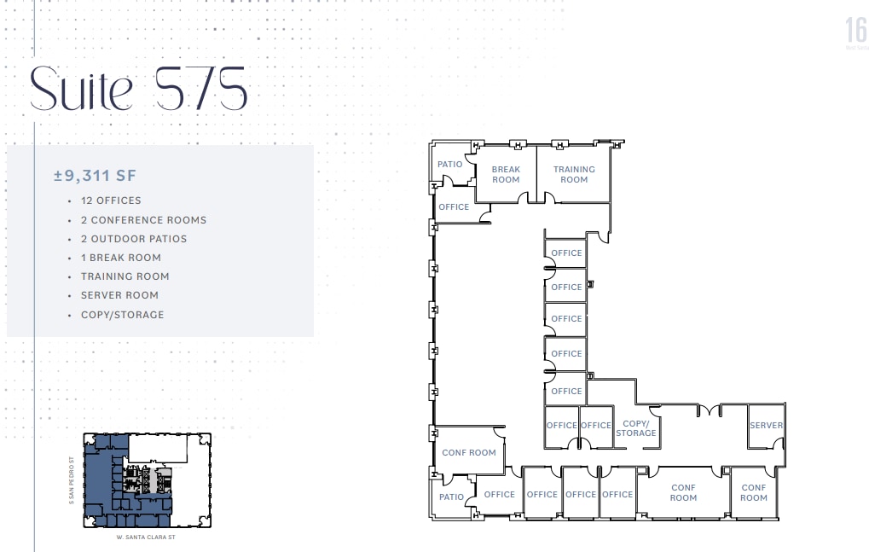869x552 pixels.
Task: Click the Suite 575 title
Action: pyautogui.click(x=138, y=88)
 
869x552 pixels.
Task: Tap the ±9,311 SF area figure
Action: pyautogui.click(x=95, y=176)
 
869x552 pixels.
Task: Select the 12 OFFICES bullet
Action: pyautogui.click(x=111, y=200)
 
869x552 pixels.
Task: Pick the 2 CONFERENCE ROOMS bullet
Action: pyautogui.click(x=143, y=220)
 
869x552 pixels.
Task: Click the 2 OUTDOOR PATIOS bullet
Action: pyautogui.click(x=134, y=239)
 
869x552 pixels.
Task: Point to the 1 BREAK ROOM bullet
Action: pyautogui.click(x=121, y=258)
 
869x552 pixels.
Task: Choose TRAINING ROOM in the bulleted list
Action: pyautogui.click(x=125, y=276)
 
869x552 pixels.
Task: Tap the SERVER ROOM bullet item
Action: pyautogui.click(x=119, y=295)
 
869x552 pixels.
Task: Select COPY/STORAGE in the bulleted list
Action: pyautogui.click(x=122, y=315)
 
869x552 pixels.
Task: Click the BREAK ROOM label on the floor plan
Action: pyautogui.click(x=506, y=174)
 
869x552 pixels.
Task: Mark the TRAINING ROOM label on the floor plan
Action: pyautogui.click(x=574, y=174)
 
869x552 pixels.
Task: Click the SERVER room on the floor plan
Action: pyautogui.click(x=766, y=426)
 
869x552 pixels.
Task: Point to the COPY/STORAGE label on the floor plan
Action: pyautogui.click(x=636, y=428)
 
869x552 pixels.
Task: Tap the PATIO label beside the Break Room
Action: pyautogui.click(x=450, y=165)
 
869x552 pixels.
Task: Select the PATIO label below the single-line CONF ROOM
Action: pyautogui.click(x=452, y=497)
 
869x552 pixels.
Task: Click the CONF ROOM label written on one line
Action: pyautogui.click(x=469, y=453)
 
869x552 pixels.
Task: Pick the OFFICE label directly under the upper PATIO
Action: pyautogui.click(x=454, y=207)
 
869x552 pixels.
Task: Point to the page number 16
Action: pyautogui.click(x=855, y=31)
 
